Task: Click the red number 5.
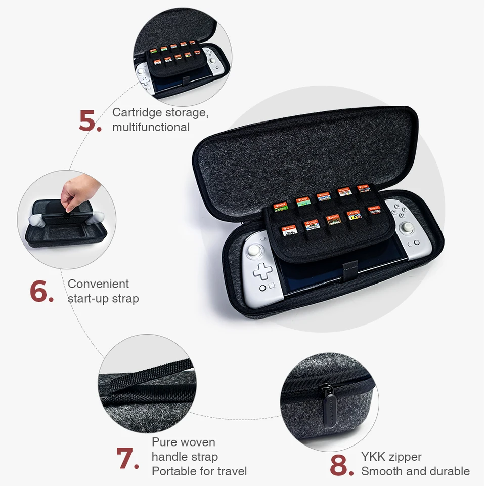tap(90, 120)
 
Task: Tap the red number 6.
tap(41, 291)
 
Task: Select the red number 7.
tap(127, 458)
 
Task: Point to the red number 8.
tap(341, 465)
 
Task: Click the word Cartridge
tap(138, 112)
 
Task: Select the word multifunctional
tap(151, 127)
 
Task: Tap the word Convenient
tap(98, 284)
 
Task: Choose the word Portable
tap(174, 472)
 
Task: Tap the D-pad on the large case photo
tap(262, 272)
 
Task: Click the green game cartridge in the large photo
tap(302, 201)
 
